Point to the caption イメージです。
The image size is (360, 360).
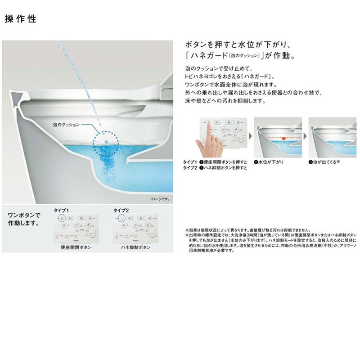coord(160,198)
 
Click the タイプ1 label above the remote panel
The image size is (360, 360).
coord(62,210)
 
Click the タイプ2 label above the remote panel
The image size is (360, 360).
coord(120,210)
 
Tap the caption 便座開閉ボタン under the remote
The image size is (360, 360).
coord(76,248)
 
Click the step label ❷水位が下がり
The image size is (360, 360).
coord(269,161)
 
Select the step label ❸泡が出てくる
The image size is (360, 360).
coord(324,161)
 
